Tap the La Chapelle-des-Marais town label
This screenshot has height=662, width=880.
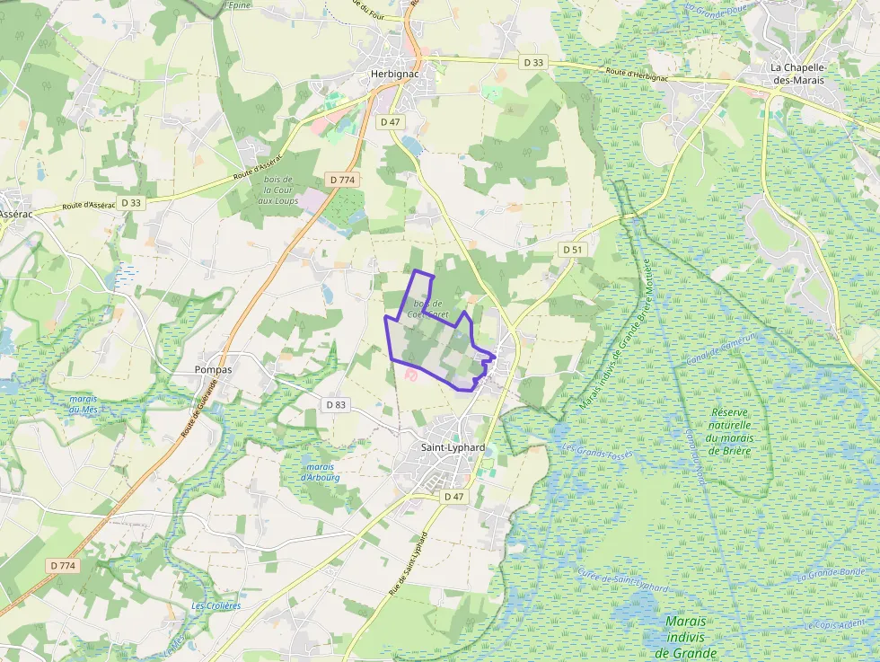[797, 74]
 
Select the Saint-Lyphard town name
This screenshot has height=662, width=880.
[453, 447]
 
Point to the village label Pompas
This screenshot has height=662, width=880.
[214, 370]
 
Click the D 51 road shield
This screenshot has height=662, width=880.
[573, 249]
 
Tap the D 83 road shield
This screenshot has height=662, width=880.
[336, 405]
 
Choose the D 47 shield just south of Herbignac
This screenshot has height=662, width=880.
[390, 121]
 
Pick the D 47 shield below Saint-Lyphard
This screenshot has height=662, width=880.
[454, 497]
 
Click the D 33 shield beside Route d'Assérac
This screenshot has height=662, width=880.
[131, 203]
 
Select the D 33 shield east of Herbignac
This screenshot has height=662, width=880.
[533, 62]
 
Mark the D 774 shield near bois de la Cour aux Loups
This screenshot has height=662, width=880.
[343, 180]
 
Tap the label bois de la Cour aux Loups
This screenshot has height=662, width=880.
[278, 190]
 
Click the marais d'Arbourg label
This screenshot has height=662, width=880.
[321, 472]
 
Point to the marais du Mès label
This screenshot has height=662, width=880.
[83, 404]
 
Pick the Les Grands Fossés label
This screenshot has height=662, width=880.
[597, 449]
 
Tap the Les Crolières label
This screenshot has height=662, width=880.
[216, 606]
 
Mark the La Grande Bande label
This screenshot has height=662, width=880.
[831, 573]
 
